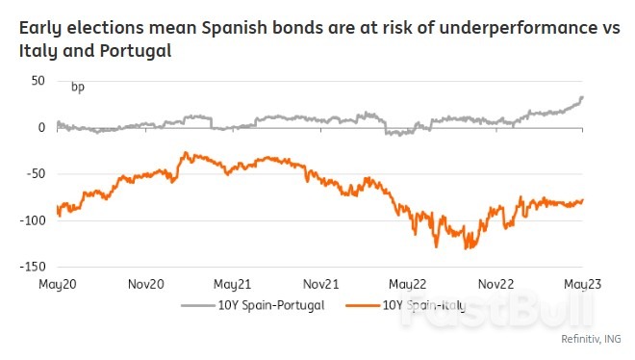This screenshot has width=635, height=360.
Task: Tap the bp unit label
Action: (x=77, y=88)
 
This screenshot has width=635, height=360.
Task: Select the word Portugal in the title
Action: (x=136, y=50)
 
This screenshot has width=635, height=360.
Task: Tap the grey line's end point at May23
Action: (x=582, y=97)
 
